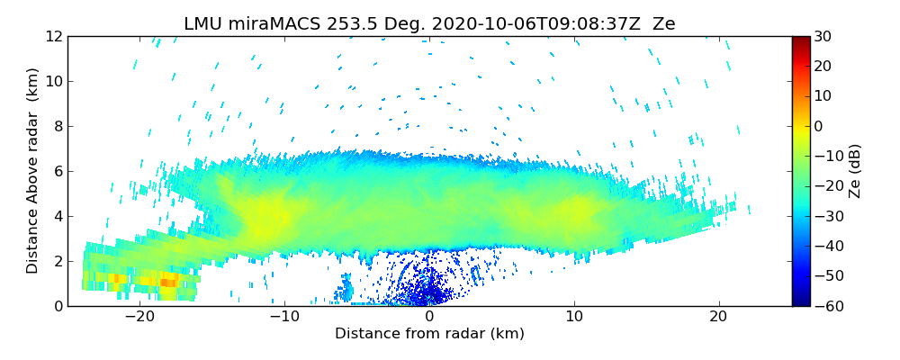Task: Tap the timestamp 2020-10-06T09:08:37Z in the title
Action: [523, 24]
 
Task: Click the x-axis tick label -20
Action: [139, 317]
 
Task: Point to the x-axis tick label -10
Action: [284, 317]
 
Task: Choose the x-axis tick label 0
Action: [429, 317]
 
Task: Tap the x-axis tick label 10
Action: [573, 317]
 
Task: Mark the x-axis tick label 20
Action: [718, 317]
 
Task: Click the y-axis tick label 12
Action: [53, 37]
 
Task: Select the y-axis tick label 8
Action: [57, 127]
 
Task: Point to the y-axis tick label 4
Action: [57, 217]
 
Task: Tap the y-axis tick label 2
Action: [57, 262]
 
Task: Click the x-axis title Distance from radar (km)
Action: [429, 334]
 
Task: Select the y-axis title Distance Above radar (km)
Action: [32, 171]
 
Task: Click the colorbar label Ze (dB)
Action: [854, 171]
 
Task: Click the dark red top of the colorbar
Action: [800, 40]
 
